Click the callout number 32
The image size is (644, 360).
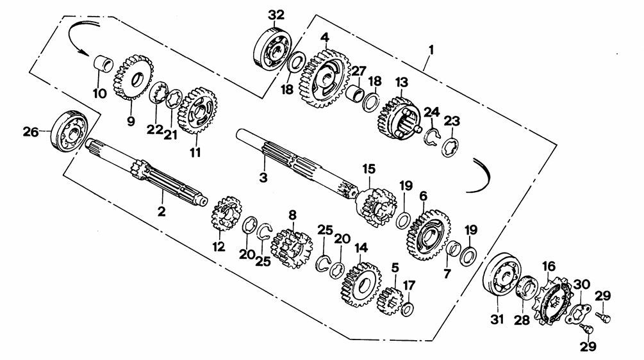pos(276,15)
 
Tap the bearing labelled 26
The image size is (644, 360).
pos(70,131)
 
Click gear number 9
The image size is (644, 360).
pos(133,78)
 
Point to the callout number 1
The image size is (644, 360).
pos(431,50)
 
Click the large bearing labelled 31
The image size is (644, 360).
pos(501,274)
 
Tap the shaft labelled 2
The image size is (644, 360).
pos(146,172)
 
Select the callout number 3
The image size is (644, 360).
pos(263,177)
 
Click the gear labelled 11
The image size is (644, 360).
pos(197,110)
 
